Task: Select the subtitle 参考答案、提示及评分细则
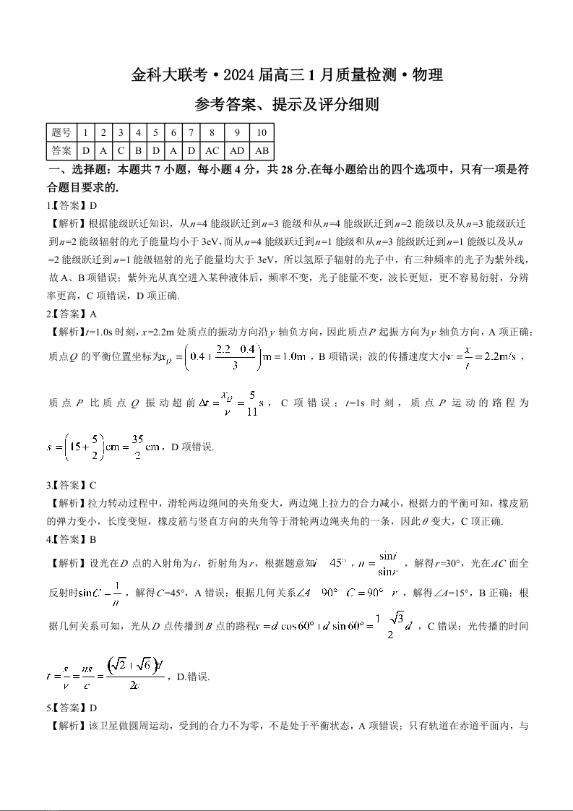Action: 287,106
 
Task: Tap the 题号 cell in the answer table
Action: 61,133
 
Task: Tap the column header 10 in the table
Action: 262,133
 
